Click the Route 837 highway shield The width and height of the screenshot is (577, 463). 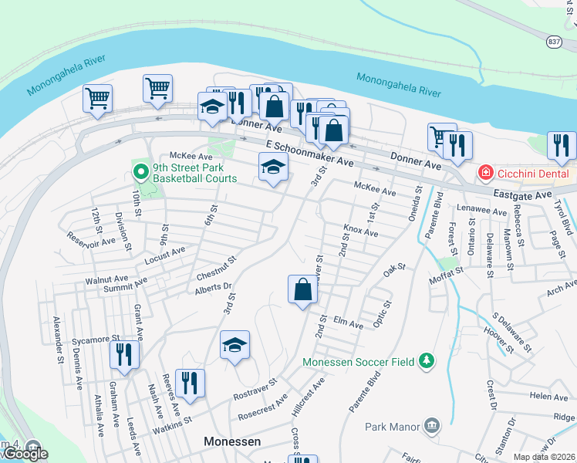[x=555, y=42]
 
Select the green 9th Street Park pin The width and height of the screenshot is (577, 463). [x=140, y=171]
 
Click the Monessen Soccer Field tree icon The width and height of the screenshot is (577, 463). [x=425, y=361]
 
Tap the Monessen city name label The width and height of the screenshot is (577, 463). [x=232, y=441]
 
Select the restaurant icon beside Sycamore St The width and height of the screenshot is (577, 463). [x=123, y=354]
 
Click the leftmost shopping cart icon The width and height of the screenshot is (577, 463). [x=98, y=98]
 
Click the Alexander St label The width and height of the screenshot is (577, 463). [x=57, y=340]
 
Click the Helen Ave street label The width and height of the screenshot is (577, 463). [x=548, y=396]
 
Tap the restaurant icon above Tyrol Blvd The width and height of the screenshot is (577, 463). [x=561, y=144]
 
